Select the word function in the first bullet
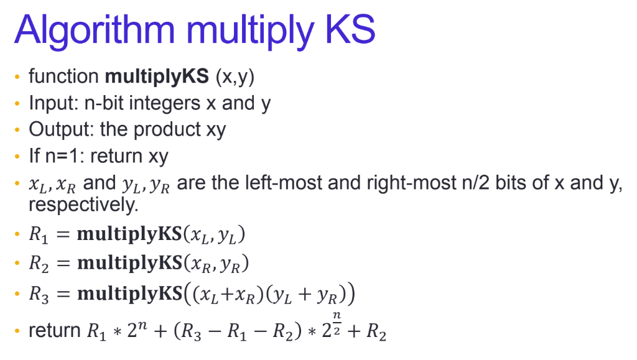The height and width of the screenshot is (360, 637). click(x=63, y=76)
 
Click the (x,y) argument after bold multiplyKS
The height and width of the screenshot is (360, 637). click(x=235, y=77)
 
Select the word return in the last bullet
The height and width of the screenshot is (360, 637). click(x=53, y=331)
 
